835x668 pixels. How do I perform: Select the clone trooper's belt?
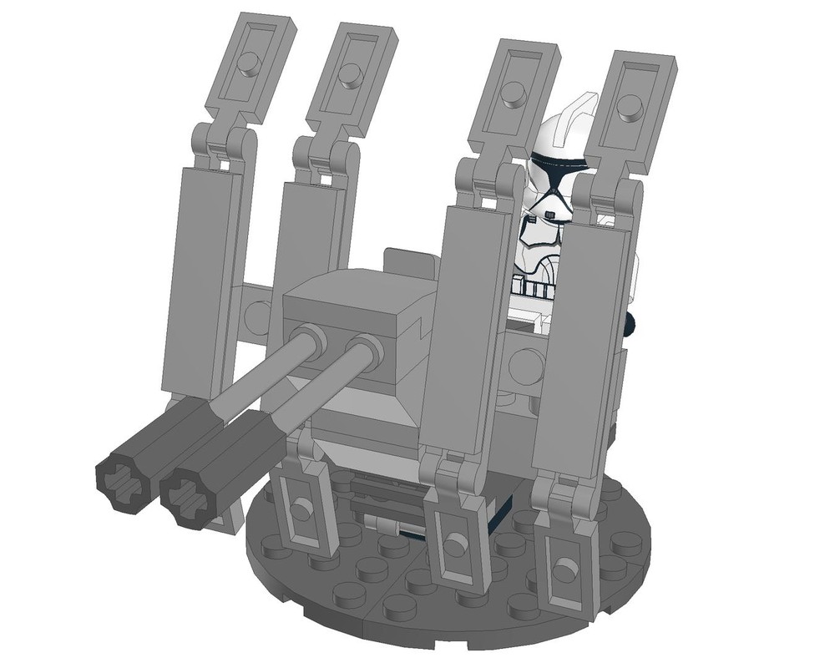point(534,290)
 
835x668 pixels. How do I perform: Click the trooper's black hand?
point(633,320)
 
